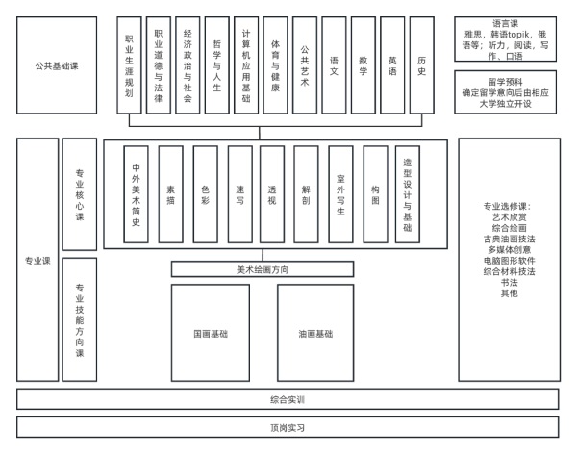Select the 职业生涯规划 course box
coord(130,65)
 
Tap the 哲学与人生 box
coord(216,65)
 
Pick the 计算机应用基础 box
coord(246,65)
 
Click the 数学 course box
coord(363,65)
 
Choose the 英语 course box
coord(392,65)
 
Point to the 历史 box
coord(421,65)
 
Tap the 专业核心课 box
coord(80,193)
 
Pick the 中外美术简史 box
coord(136,193)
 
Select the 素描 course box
coord(170,193)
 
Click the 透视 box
coord(271,193)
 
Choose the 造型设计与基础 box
coord(407,193)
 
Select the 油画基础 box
coord(315,333)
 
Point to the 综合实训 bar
coord(288,398)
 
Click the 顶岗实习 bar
coord(288,426)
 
